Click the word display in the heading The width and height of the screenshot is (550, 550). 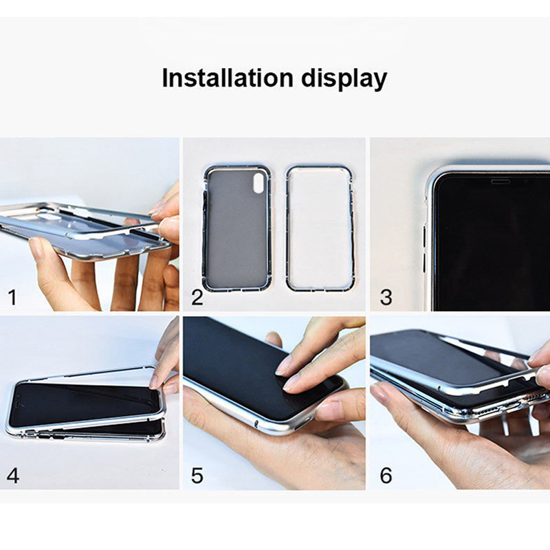(344, 79)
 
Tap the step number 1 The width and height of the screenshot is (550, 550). (12, 297)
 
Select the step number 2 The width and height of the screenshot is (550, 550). (197, 297)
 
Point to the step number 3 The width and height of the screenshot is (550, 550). (386, 297)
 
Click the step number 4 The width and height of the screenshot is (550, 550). (13, 476)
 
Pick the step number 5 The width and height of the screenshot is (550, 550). (197, 476)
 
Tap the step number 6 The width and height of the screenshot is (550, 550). (386, 476)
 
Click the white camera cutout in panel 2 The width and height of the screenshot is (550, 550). (258, 183)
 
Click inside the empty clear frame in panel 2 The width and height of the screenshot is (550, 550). (320, 228)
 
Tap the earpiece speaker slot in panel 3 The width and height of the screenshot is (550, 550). (500, 181)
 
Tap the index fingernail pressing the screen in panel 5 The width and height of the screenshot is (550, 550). (283, 368)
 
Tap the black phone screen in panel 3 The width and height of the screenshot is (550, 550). (491, 245)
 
